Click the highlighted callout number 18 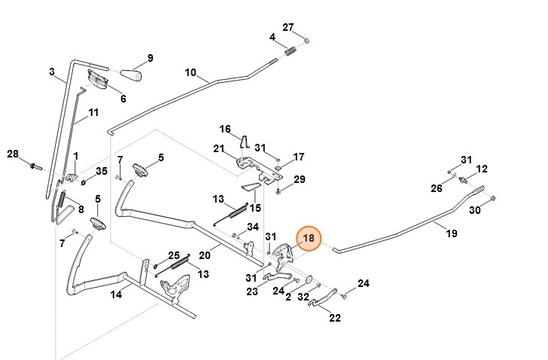point(308,239)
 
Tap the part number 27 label point(288,28)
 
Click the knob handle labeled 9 point(134,75)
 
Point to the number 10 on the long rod point(190,73)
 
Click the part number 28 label point(12,154)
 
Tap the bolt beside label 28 point(35,164)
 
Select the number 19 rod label point(452,234)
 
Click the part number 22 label point(335,318)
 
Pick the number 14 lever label point(116,294)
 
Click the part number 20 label point(204,255)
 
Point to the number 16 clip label point(225,129)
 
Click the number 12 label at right point(483,169)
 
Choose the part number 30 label point(474,210)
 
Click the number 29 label point(299,179)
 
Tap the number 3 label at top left point(52,72)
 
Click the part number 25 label point(174,256)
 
